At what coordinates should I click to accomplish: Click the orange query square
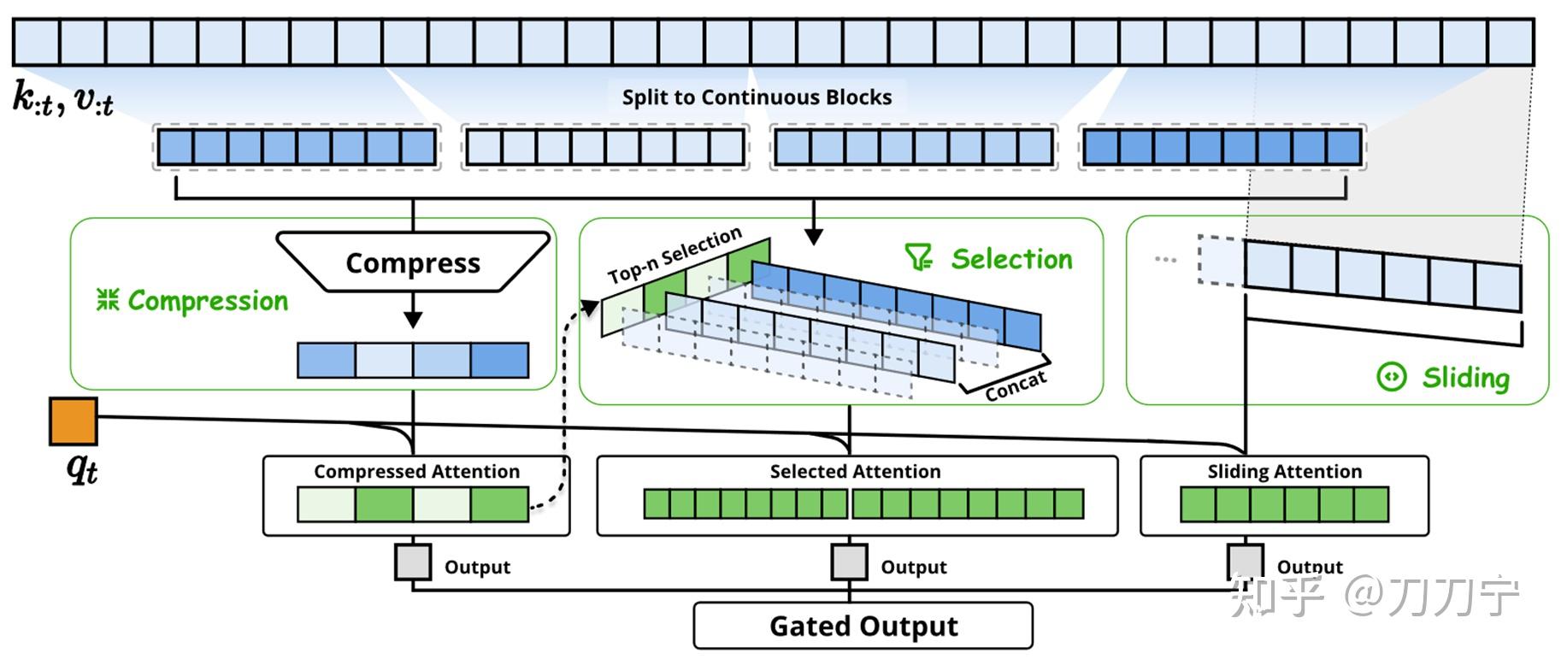coord(74,421)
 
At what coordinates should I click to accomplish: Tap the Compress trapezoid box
coord(413,262)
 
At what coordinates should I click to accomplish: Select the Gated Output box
coord(863,626)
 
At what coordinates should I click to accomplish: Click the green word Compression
coord(208,301)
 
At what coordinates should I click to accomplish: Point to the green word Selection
coord(1011,259)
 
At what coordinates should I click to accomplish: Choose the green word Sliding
coord(1465,378)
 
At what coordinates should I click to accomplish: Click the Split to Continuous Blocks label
coord(757,97)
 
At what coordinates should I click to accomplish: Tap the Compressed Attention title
coord(416,472)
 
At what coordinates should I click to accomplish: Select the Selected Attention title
coord(855,472)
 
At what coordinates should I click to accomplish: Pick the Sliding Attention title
coord(1284,472)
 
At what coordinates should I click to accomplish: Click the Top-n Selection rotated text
coord(674,256)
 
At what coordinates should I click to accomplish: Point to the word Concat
coord(1015,386)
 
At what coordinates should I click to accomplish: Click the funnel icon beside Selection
coord(919,257)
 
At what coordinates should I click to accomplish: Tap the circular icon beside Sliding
coord(1392,377)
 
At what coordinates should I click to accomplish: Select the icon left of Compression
coord(108,300)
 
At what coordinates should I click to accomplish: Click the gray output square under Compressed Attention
coord(413,562)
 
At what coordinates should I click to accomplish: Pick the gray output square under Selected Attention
coord(850,562)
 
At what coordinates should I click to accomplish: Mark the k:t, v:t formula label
coord(62,99)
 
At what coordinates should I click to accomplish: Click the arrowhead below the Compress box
coord(413,320)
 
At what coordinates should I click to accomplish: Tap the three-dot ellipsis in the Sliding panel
coord(1165,258)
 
